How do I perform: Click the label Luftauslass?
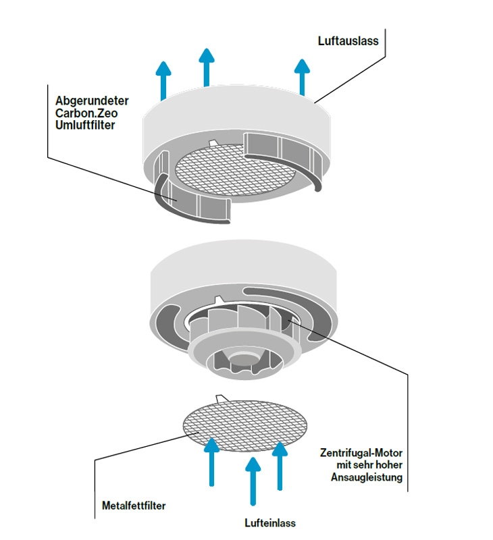(x=348, y=40)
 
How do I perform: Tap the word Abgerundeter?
(x=92, y=101)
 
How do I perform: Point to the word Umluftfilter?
(x=84, y=125)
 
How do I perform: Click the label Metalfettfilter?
(x=133, y=504)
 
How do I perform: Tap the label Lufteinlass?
(x=269, y=522)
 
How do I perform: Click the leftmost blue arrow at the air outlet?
(x=163, y=80)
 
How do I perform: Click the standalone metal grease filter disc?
(x=245, y=426)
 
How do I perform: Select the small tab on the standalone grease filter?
(x=222, y=398)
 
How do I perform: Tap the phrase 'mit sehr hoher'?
(x=370, y=466)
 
